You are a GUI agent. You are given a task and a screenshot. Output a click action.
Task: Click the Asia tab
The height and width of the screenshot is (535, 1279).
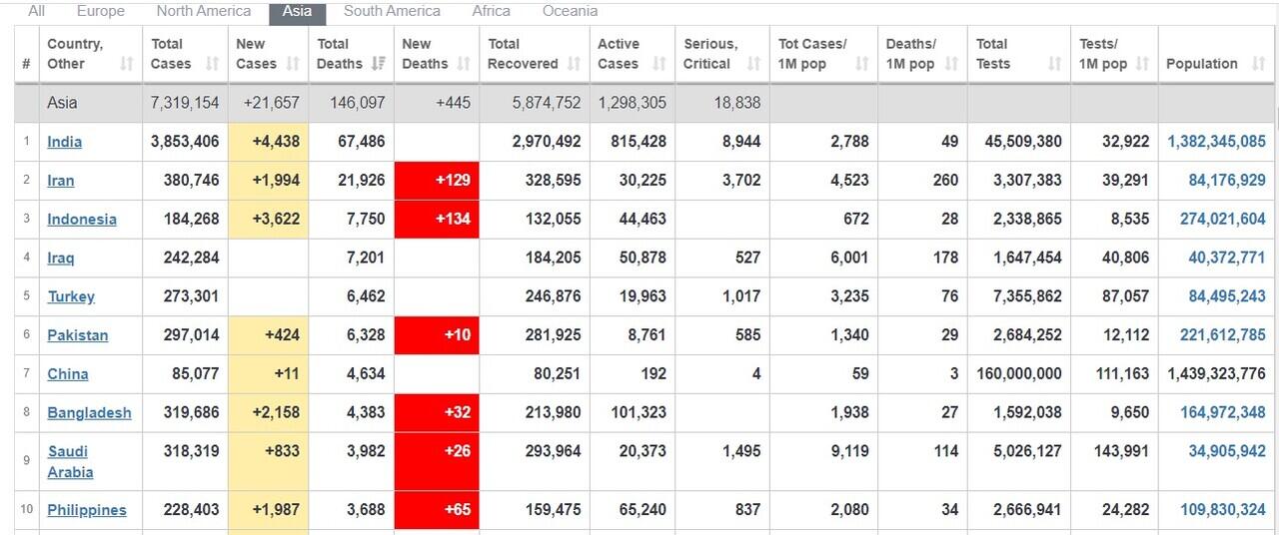(297, 11)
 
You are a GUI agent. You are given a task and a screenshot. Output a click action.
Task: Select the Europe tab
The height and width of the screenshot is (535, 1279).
(100, 11)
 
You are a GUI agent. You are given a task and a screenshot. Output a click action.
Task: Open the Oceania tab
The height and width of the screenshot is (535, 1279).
(570, 11)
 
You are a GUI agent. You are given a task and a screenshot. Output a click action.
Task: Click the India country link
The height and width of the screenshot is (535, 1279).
(65, 142)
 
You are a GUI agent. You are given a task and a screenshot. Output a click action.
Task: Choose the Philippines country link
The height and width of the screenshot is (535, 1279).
(87, 510)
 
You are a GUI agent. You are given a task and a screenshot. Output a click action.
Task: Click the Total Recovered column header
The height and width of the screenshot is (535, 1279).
(523, 54)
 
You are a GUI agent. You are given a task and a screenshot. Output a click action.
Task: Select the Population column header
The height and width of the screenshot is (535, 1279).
(1202, 64)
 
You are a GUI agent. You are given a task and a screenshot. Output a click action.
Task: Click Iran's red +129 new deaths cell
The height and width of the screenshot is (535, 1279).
(437, 181)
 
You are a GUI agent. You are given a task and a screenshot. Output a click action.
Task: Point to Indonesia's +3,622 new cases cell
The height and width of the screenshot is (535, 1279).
(268, 220)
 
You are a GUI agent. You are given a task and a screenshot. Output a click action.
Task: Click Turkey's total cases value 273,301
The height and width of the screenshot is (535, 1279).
(185, 296)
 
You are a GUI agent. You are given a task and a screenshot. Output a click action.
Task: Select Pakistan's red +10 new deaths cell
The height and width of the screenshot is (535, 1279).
(437, 335)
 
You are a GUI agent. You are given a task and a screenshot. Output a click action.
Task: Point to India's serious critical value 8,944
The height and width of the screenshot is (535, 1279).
(740, 142)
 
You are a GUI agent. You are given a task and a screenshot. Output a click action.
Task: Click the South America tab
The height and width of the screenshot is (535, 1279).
(392, 11)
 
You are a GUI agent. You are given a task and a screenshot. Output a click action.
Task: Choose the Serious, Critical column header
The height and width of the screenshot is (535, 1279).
(710, 54)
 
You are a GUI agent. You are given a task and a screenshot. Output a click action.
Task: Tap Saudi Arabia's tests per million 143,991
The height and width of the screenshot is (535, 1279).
(1114, 451)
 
